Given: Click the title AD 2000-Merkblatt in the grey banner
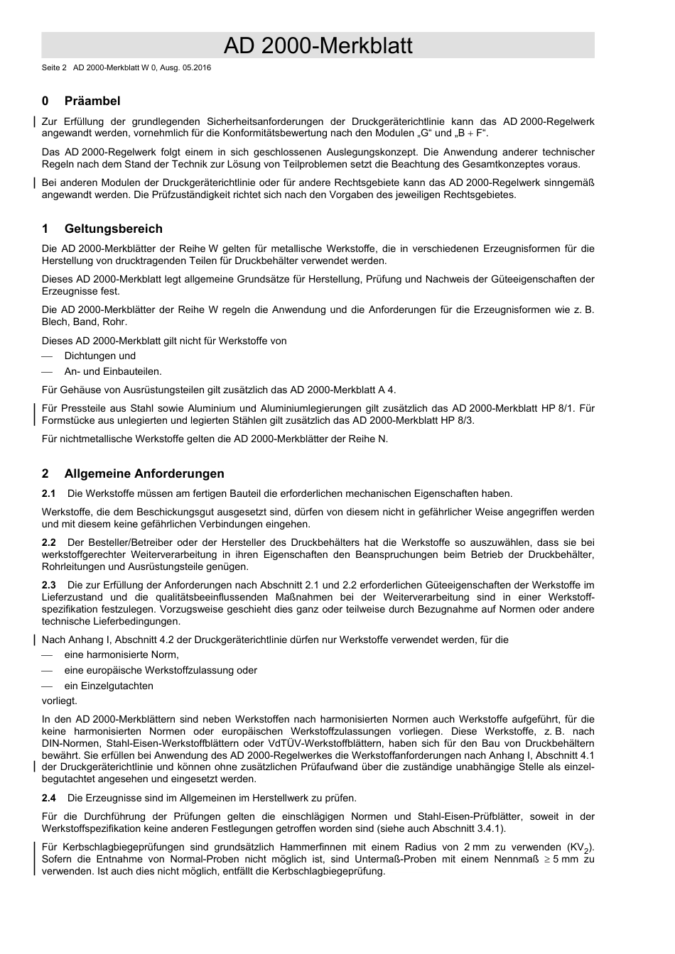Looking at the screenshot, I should (318, 46).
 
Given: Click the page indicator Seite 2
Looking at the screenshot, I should (53, 68).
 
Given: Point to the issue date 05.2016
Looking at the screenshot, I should (197, 68).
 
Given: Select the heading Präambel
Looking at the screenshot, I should (92, 101).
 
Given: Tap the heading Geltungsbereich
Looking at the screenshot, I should (113, 229).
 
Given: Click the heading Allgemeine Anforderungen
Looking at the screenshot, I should (144, 473).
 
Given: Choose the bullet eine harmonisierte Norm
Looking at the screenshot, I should (121, 655).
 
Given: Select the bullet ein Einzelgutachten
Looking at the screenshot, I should (109, 686).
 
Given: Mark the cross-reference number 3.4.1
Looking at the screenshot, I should (485, 828).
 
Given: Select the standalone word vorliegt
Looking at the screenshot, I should (60, 701).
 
